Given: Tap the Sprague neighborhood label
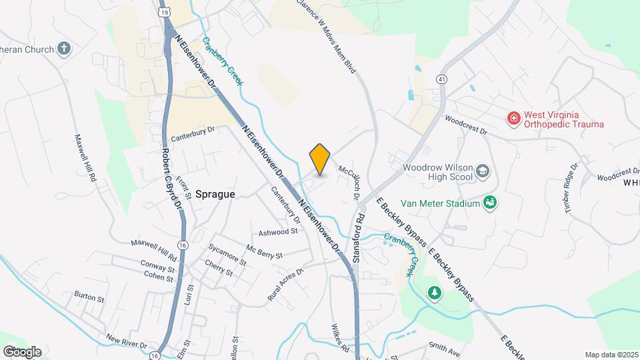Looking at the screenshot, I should click(x=215, y=193).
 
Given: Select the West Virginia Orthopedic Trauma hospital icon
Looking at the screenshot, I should click(x=513, y=119).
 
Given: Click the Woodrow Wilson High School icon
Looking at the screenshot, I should click(x=482, y=173).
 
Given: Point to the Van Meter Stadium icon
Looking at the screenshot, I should click(x=490, y=201).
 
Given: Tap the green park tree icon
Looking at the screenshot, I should click(x=434, y=293).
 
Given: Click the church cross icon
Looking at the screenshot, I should click(x=63, y=48).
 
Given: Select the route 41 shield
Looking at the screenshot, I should click(x=441, y=79).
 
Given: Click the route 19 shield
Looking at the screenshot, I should click(x=164, y=12).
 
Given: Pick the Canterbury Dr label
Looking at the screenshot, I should click(x=194, y=135).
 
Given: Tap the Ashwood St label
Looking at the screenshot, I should click(x=277, y=232).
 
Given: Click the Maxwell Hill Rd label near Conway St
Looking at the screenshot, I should click(x=154, y=250).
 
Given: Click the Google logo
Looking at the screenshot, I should click(x=22, y=351).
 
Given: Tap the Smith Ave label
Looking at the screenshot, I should click(x=445, y=347).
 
